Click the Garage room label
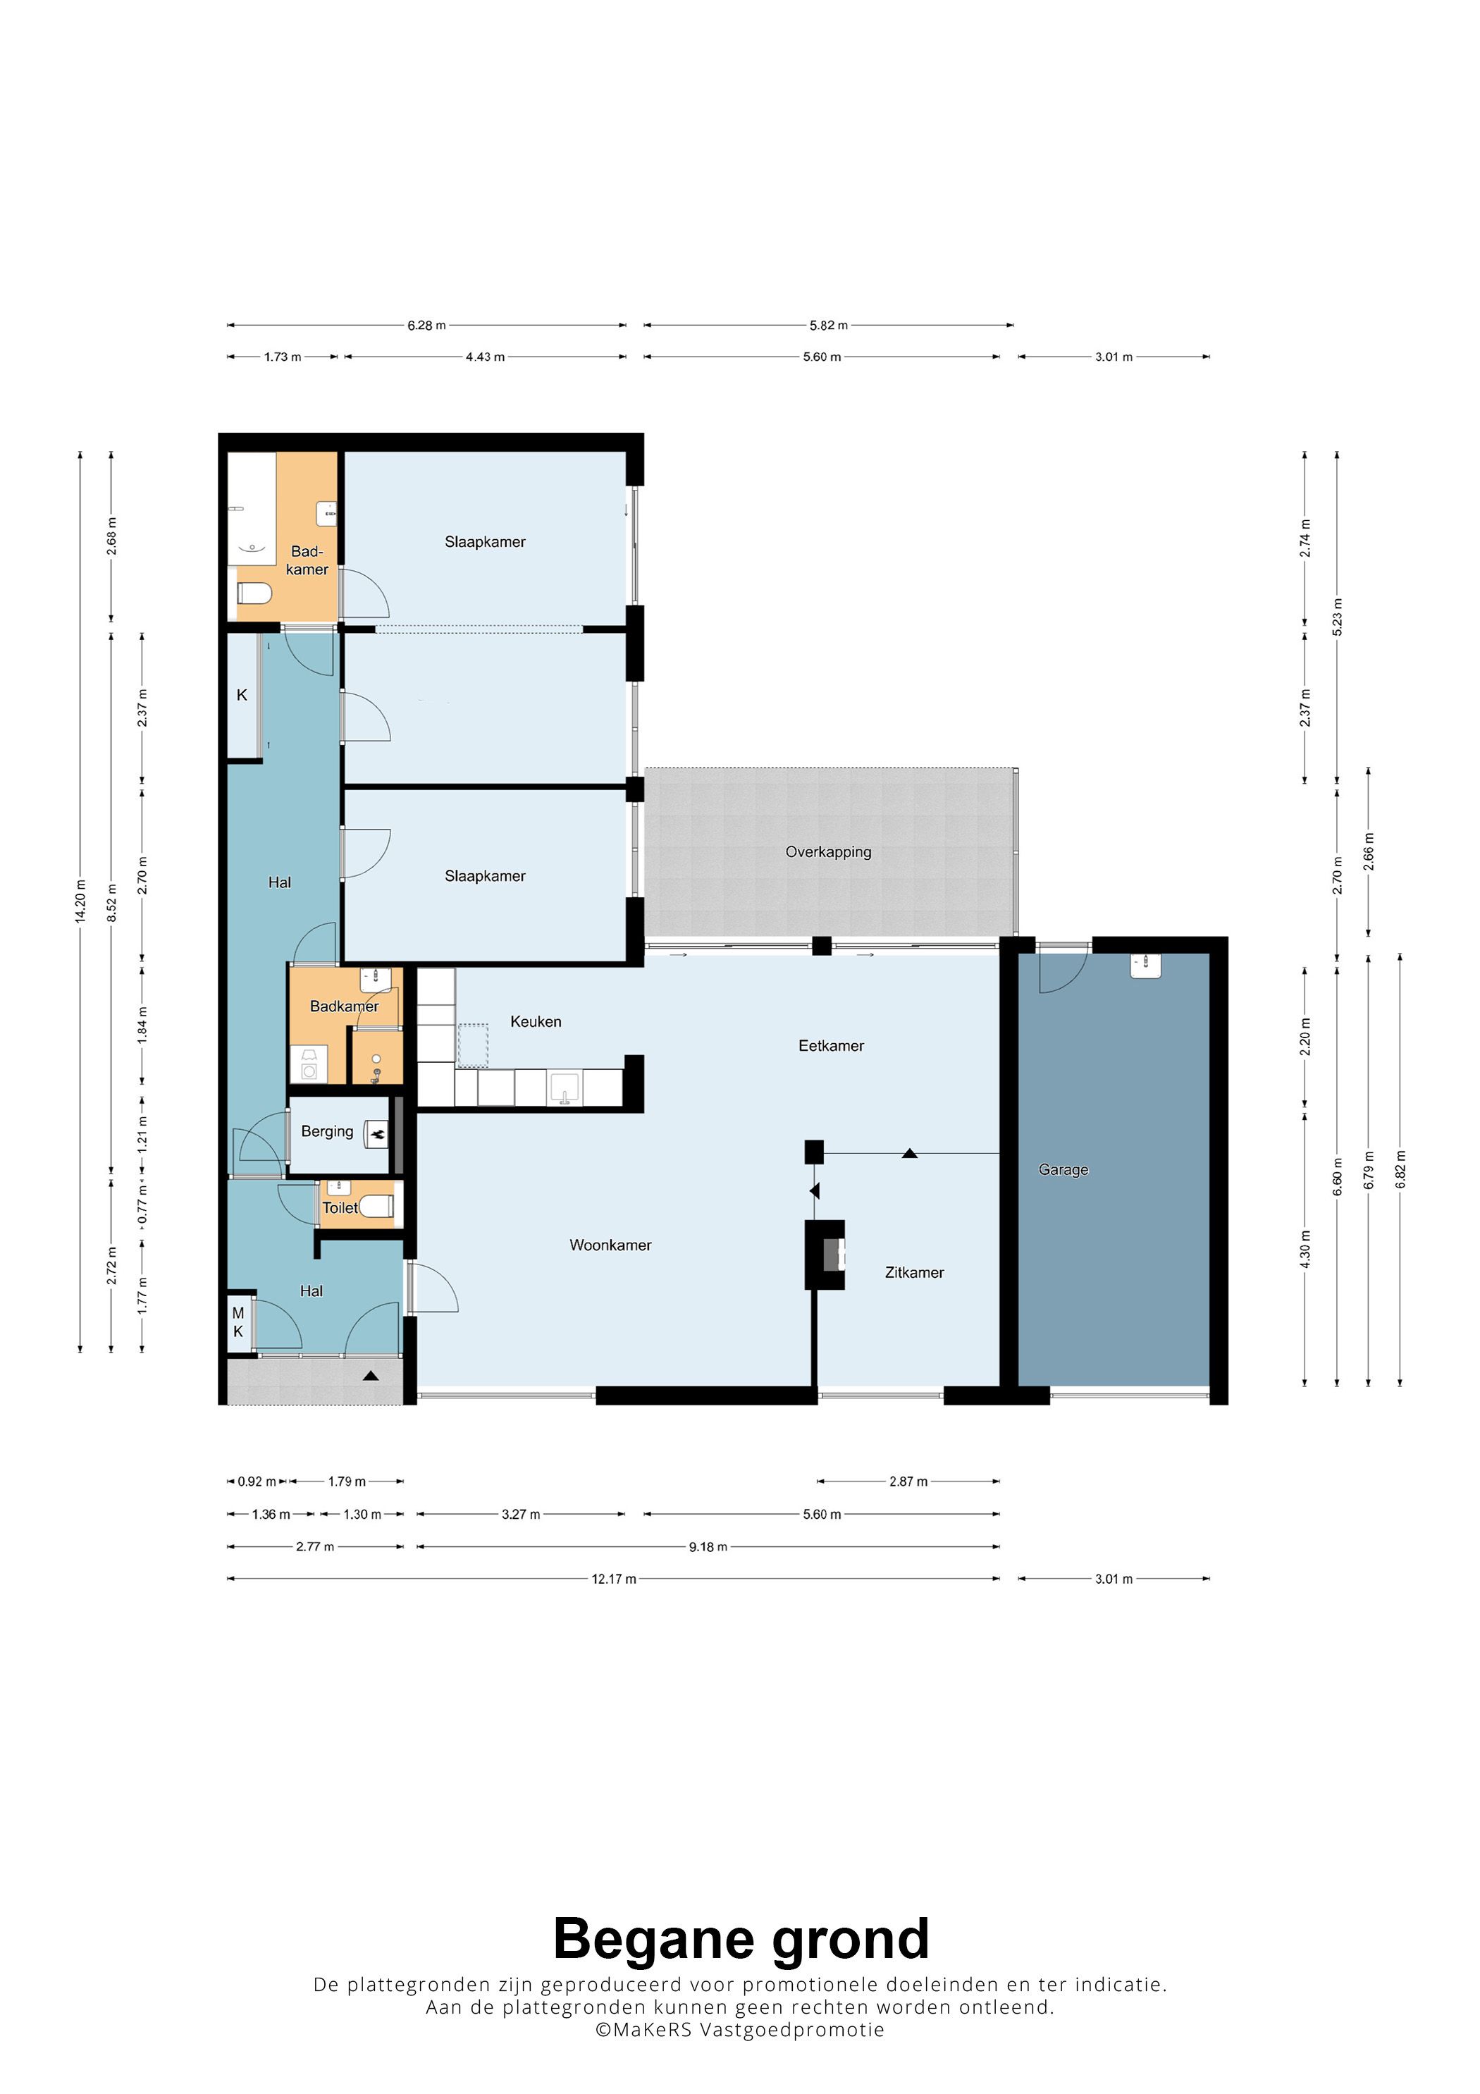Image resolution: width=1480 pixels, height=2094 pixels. (x=1063, y=1170)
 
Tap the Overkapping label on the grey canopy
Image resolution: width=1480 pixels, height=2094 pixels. (x=828, y=852)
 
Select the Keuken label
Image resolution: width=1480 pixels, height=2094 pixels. (x=536, y=1021)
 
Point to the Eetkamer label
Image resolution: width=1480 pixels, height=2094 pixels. (x=831, y=1046)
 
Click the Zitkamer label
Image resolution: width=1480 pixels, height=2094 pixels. (x=915, y=1272)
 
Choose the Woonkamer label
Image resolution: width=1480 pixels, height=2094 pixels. (x=610, y=1245)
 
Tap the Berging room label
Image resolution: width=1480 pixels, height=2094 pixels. (x=328, y=1131)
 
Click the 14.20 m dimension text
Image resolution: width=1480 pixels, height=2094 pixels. (x=80, y=901)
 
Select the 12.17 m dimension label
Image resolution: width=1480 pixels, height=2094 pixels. (x=614, y=1579)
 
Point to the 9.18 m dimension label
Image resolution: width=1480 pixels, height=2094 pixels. (x=708, y=1547)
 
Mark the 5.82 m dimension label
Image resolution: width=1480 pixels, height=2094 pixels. (x=828, y=325)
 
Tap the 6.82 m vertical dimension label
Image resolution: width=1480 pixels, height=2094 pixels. (x=1400, y=1169)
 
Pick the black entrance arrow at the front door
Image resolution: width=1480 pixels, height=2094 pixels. (x=370, y=1375)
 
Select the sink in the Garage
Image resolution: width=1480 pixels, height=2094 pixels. (x=1145, y=966)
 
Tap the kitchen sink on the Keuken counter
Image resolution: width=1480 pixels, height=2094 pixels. (x=565, y=1087)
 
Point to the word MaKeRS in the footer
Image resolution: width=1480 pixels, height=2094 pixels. (x=652, y=2029)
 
